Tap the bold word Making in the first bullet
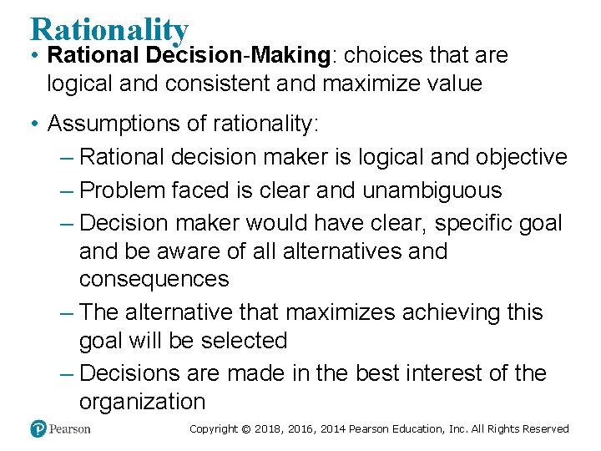[288, 56]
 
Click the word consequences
[154, 280]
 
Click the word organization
[142, 402]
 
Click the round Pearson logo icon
[38, 429]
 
